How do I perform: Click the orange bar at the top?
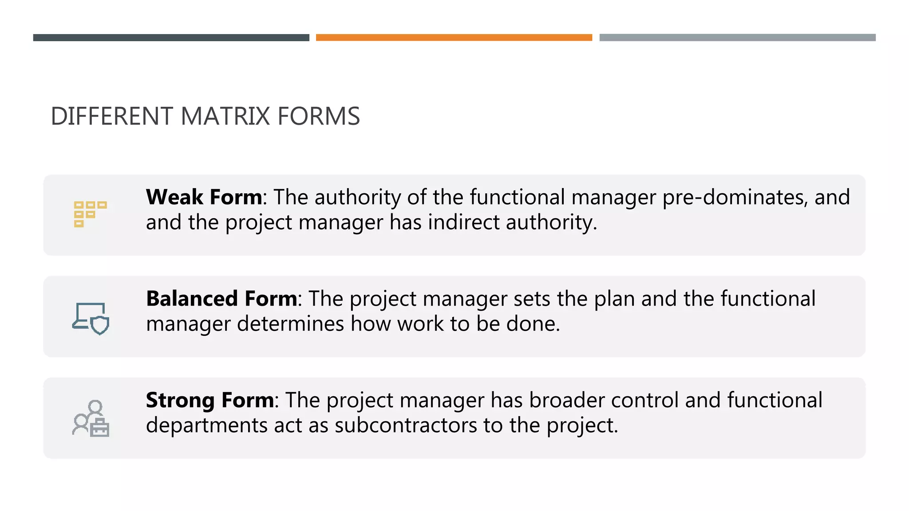pyautogui.click(x=454, y=38)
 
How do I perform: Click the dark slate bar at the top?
pyautogui.click(x=171, y=38)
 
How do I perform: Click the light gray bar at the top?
pyautogui.click(x=737, y=38)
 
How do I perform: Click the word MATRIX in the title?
pyautogui.click(x=225, y=117)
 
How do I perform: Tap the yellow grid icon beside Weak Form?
pyautogui.click(x=90, y=214)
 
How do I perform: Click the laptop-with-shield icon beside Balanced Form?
pyautogui.click(x=91, y=318)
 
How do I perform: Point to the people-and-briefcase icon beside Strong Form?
pyautogui.click(x=91, y=419)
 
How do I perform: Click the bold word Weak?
pyautogui.click(x=174, y=197)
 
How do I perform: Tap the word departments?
pyautogui.click(x=206, y=425)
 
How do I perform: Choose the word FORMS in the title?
pyautogui.click(x=318, y=117)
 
